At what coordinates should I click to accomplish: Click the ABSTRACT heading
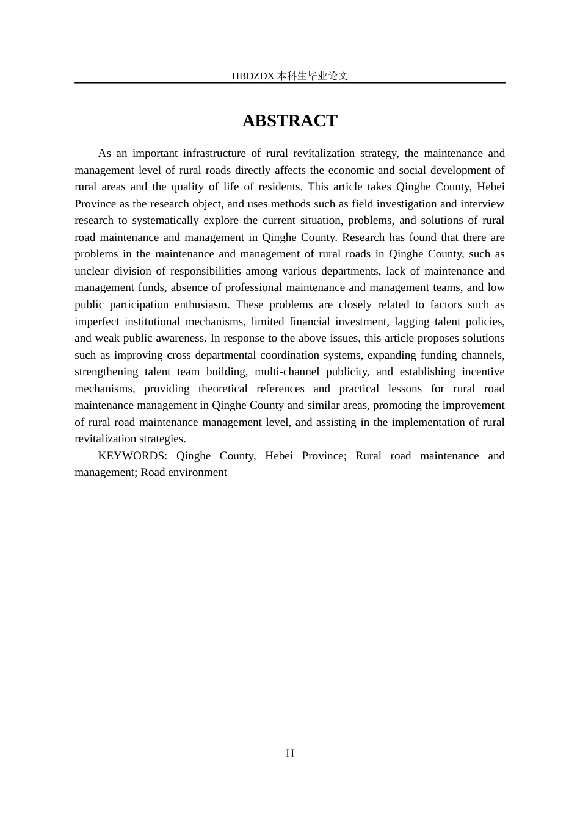pyautogui.click(x=289, y=121)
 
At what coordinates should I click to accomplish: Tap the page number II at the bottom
pyautogui.click(x=290, y=753)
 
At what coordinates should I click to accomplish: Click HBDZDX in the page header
pyautogui.click(x=253, y=76)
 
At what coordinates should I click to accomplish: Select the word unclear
pyautogui.click(x=92, y=271)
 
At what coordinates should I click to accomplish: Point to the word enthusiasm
pyautogui.click(x=198, y=304)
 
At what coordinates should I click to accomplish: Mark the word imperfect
pyautogui.click(x=98, y=322)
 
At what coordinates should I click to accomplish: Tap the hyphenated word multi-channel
pyautogui.click(x=287, y=372)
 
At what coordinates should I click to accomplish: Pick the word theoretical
pyautogui.click(x=223, y=389)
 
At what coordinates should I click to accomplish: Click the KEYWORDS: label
pyautogui.click(x=132, y=456)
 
